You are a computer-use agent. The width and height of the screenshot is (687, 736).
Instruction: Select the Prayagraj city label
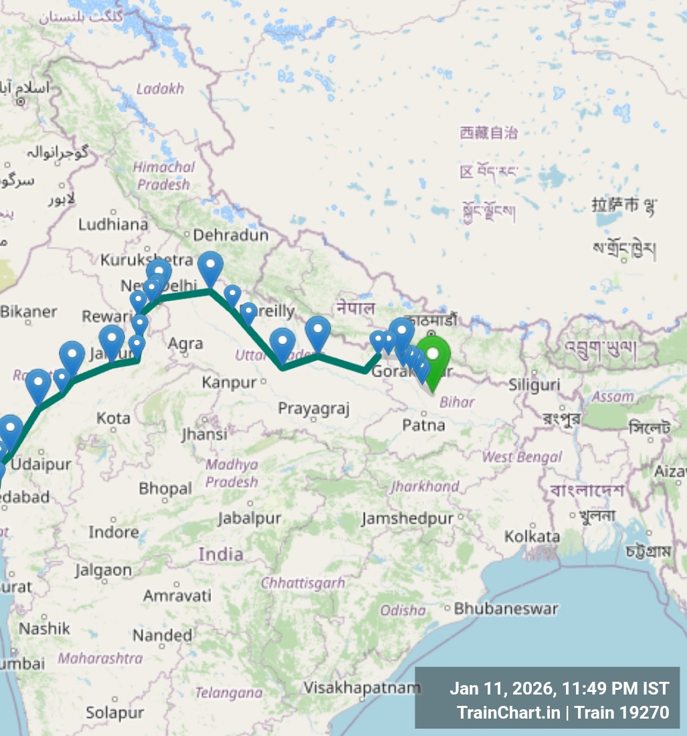[x=314, y=408]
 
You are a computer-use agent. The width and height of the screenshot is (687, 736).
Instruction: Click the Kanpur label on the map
[x=229, y=383]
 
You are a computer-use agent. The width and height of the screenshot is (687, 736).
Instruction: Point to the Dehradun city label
[x=230, y=235]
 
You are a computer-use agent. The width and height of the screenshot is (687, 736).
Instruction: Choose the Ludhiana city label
[x=113, y=224]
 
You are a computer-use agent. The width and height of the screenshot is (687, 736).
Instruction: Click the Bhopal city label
[x=165, y=488]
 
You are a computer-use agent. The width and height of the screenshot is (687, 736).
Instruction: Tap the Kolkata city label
[x=532, y=537]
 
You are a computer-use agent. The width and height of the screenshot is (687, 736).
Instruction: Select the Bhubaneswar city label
[x=506, y=609]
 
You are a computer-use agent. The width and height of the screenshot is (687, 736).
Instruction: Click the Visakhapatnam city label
[x=362, y=687]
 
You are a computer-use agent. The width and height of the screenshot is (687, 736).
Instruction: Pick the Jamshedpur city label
[x=407, y=519]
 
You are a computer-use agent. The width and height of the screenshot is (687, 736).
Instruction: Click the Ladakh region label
[x=160, y=89]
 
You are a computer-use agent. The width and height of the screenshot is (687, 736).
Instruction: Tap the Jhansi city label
[x=205, y=434]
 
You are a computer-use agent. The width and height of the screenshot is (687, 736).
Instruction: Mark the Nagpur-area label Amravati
[x=177, y=595]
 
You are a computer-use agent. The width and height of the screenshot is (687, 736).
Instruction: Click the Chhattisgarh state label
[x=302, y=583]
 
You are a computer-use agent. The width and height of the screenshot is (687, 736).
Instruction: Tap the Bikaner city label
[x=29, y=311]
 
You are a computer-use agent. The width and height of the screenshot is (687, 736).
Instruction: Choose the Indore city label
[x=114, y=532]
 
